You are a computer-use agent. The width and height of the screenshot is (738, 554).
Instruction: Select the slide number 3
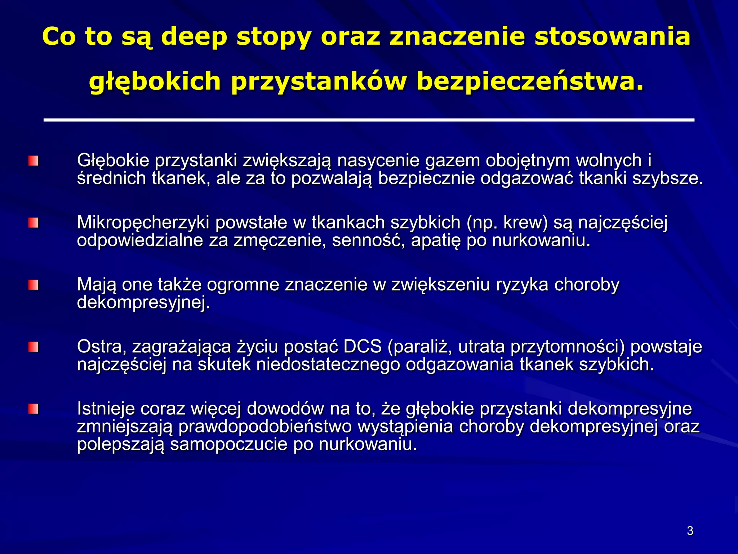point(690,531)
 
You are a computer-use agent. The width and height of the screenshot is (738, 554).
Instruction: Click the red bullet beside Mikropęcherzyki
point(34,223)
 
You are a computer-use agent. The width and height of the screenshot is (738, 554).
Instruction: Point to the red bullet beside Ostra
point(34,347)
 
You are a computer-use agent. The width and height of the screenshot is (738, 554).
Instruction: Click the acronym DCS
point(362,347)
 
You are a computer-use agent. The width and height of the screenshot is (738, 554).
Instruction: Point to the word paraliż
point(422,347)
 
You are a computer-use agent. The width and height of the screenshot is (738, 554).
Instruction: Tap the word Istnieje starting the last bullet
point(106,409)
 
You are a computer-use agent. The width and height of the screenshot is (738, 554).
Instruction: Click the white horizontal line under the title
point(369,120)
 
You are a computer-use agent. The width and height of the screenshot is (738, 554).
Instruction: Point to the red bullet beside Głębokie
point(34,161)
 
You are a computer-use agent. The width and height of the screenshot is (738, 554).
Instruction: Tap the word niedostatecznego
point(328,365)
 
